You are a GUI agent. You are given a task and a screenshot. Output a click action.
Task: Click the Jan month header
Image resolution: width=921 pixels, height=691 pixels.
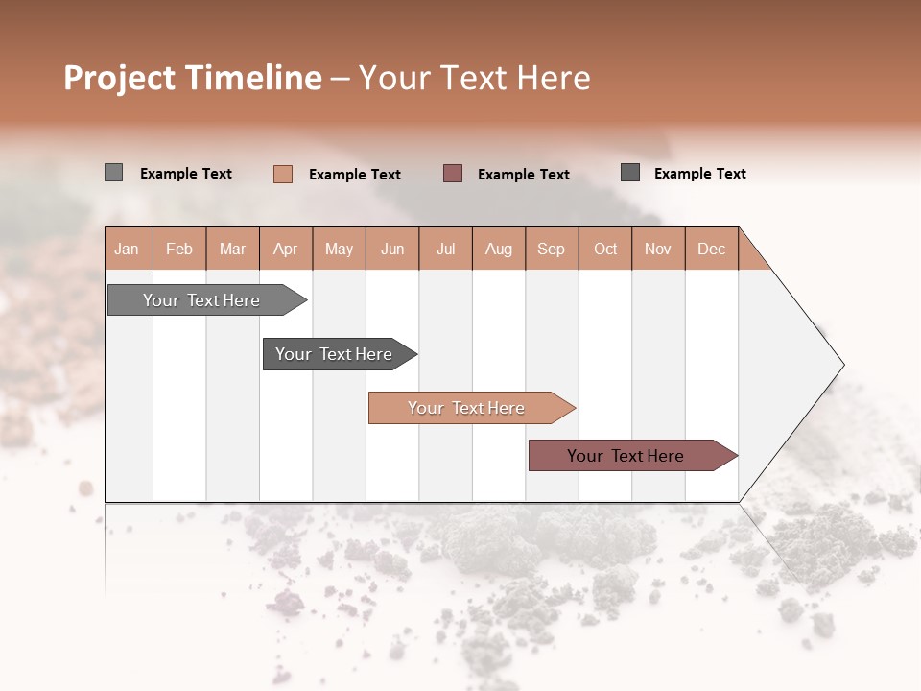(128, 249)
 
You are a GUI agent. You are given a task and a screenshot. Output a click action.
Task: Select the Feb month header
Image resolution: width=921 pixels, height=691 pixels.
(179, 249)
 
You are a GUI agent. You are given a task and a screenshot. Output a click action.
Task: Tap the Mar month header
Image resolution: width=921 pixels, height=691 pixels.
(232, 249)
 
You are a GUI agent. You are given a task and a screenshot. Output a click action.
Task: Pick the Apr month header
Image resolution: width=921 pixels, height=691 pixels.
(286, 249)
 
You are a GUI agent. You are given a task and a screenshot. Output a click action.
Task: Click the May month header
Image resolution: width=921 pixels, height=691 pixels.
(339, 249)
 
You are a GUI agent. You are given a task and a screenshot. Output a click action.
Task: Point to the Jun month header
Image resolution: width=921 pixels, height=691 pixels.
(392, 249)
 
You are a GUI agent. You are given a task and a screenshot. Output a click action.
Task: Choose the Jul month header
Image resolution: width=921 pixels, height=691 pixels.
(445, 249)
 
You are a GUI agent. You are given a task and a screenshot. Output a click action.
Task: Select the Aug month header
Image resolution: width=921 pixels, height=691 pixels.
(499, 249)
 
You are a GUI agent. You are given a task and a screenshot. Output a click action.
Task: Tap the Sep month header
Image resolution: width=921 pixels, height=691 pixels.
(552, 249)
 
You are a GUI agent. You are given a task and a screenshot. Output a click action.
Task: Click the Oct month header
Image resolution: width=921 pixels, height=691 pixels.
(605, 249)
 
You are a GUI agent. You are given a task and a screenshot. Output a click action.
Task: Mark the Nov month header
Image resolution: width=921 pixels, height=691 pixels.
(658, 249)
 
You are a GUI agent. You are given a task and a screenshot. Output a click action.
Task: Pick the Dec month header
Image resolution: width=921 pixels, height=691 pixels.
(712, 249)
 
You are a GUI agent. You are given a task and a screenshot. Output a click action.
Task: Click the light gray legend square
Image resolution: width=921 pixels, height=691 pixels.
(113, 173)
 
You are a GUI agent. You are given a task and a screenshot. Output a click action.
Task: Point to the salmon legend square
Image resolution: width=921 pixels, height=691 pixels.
(283, 174)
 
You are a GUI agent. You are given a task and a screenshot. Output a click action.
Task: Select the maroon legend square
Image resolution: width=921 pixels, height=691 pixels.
(453, 173)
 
